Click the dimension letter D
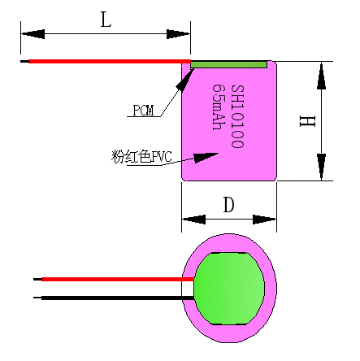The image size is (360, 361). tap(228, 205)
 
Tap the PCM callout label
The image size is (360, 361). tap(142, 111)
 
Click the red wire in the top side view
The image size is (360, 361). tap(106, 61)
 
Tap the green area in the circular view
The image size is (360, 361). tap(232, 288)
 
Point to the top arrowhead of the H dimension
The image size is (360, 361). tap(323, 73)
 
